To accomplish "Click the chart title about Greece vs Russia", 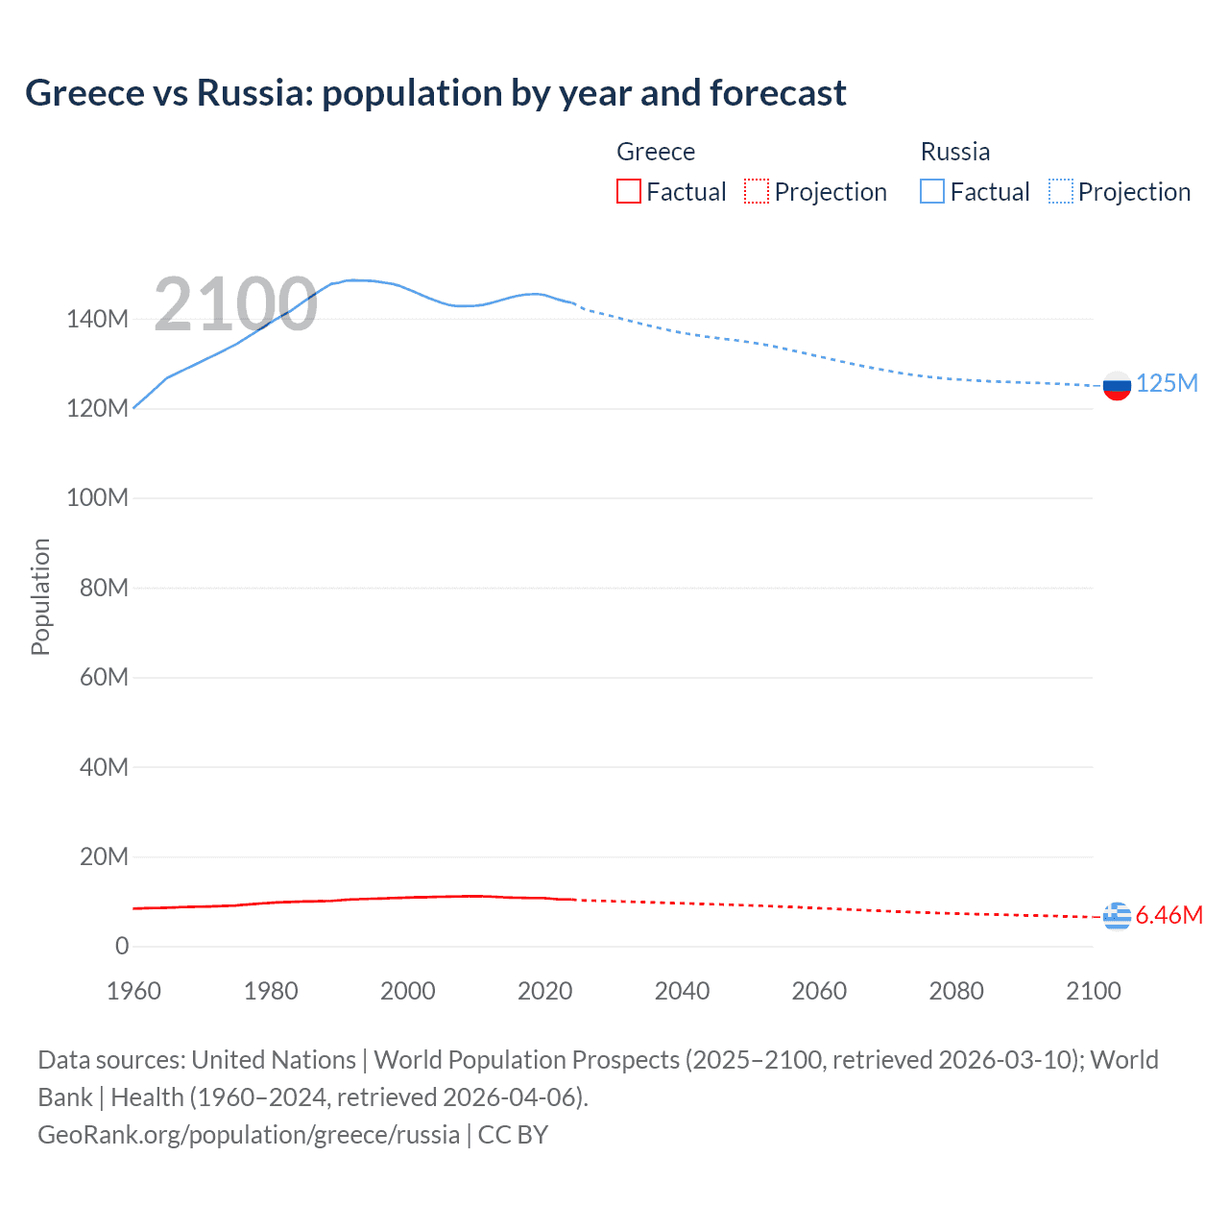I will pyautogui.click(x=436, y=93).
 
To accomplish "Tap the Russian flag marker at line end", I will pyautogui.click(x=1117, y=386).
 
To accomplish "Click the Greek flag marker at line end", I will pyautogui.click(x=1117, y=916).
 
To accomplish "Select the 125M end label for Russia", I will pyautogui.click(x=1167, y=383).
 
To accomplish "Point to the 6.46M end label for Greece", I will pyautogui.click(x=1169, y=915).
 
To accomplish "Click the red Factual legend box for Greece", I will pyautogui.click(x=628, y=192).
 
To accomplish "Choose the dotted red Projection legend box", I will pyautogui.click(x=757, y=192).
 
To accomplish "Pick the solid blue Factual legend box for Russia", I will pyautogui.click(x=932, y=192).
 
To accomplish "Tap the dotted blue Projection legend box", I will pyautogui.click(x=1061, y=192).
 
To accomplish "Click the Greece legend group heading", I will pyautogui.click(x=656, y=152).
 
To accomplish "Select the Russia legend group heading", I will pyautogui.click(x=955, y=152).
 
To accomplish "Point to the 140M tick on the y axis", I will pyautogui.click(x=97, y=319).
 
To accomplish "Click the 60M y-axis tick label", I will pyautogui.click(x=104, y=677).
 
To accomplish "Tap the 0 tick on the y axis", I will pyautogui.click(x=122, y=946).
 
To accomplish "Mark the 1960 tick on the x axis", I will pyautogui.click(x=133, y=991).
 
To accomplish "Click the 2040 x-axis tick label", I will pyautogui.click(x=682, y=991).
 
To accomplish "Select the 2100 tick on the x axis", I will pyautogui.click(x=1094, y=991).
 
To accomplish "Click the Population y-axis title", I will pyautogui.click(x=40, y=596).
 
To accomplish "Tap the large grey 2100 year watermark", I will pyautogui.click(x=235, y=304).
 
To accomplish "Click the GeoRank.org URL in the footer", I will pyautogui.click(x=249, y=1134).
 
